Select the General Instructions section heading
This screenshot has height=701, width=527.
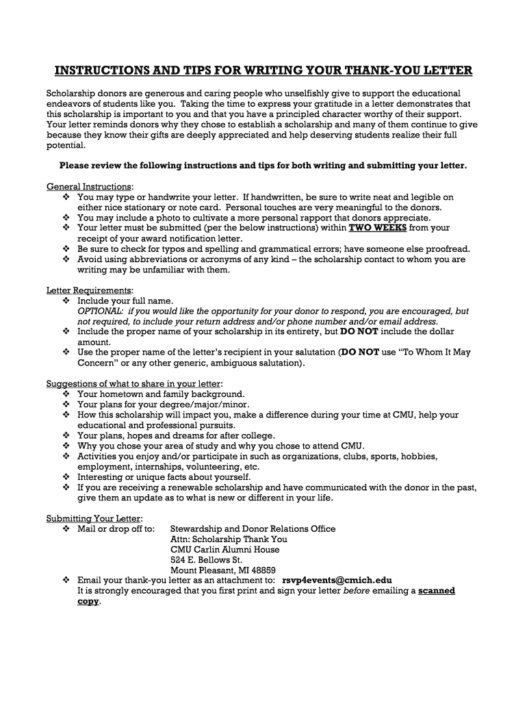click(89, 187)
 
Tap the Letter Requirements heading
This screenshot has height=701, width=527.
click(89, 290)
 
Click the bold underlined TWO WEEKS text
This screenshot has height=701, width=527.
click(378, 228)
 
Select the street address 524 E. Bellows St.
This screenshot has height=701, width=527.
click(206, 559)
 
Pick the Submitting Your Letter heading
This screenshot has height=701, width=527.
click(94, 518)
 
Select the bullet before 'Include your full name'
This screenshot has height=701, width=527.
click(66, 301)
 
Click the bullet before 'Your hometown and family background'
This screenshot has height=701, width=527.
click(66, 394)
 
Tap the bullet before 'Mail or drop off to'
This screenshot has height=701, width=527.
click(66, 528)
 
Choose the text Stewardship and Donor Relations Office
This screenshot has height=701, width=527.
click(253, 528)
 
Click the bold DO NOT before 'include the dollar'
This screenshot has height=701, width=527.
click(359, 331)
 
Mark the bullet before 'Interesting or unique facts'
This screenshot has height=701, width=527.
click(66, 477)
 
